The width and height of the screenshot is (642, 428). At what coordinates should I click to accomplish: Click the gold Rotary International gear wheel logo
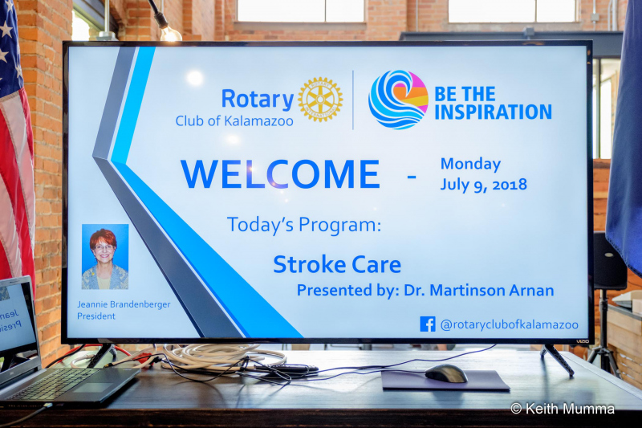(x=320, y=99)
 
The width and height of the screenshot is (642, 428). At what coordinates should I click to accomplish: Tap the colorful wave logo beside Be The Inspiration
(x=398, y=100)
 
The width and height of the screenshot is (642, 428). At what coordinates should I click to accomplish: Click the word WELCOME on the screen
(x=280, y=174)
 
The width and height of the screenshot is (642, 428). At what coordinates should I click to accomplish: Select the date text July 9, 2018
(x=484, y=185)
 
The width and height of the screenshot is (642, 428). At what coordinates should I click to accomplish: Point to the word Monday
(x=471, y=165)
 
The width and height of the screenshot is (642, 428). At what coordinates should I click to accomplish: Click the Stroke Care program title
(x=337, y=264)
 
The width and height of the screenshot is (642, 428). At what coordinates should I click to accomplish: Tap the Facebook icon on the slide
(x=428, y=324)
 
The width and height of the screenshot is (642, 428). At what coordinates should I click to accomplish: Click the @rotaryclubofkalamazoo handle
(x=510, y=324)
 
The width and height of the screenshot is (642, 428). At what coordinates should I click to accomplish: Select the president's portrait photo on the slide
(x=105, y=257)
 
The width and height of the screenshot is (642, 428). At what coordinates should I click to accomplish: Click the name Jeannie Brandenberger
(x=124, y=304)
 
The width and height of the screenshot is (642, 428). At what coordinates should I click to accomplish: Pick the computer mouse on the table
(x=446, y=373)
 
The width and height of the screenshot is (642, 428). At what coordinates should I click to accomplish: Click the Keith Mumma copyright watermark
(x=563, y=409)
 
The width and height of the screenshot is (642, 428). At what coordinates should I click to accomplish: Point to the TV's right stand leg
(x=559, y=360)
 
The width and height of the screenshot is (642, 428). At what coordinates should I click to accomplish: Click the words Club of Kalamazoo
(x=234, y=121)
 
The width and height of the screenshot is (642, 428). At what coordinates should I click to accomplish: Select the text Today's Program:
(x=304, y=225)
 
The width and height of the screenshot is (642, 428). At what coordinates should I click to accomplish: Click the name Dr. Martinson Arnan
(x=479, y=290)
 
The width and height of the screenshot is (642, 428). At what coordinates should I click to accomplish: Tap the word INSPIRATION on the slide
(x=493, y=112)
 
